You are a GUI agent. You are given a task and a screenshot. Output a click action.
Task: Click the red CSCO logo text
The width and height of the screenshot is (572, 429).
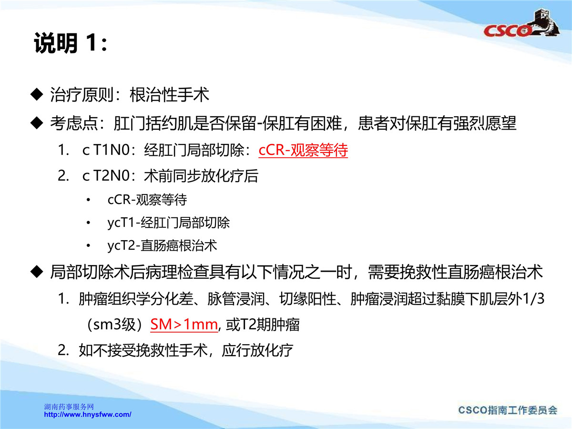pyautogui.click(x=507, y=31)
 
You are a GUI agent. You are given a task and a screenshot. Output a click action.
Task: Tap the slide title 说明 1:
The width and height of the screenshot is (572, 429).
pyautogui.click(x=71, y=43)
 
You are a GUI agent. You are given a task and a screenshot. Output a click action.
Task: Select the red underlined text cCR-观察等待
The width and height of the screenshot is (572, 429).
pyautogui.click(x=303, y=150)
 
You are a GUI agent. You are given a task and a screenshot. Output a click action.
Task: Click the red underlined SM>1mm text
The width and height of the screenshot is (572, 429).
pyautogui.click(x=184, y=325)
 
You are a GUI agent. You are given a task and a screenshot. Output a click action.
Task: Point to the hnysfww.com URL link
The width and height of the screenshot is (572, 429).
pyautogui.click(x=88, y=414)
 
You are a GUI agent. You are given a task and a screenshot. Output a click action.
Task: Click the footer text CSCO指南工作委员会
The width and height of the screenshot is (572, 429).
pyautogui.click(x=508, y=410)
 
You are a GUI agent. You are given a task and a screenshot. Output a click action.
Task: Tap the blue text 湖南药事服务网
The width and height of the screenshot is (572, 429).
pyautogui.click(x=69, y=407)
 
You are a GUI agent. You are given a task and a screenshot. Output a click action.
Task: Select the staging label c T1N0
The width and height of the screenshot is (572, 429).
pyautogui.click(x=106, y=150)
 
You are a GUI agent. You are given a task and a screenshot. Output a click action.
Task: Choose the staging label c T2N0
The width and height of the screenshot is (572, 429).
pyautogui.click(x=106, y=175)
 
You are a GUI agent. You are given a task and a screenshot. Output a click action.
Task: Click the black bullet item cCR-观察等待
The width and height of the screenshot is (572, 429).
pyautogui.click(x=147, y=200)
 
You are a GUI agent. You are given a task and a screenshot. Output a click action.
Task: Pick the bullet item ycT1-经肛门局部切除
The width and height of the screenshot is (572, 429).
pyautogui.click(x=169, y=223)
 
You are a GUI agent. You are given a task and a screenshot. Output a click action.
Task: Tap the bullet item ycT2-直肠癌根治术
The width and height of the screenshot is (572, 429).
pyautogui.click(x=162, y=245)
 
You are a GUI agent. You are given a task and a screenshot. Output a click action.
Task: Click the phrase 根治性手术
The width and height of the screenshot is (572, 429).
pyautogui.click(x=169, y=94)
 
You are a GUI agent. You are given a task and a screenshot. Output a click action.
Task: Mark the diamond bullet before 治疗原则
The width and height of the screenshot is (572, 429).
pyautogui.click(x=37, y=94)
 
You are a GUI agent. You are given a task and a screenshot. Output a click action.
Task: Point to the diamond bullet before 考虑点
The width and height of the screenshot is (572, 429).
pyautogui.click(x=37, y=123)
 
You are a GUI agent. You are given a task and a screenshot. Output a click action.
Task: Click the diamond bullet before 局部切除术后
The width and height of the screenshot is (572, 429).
pyautogui.click(x=37, y=272)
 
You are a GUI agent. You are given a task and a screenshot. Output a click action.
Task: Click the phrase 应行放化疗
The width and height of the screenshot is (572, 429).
pyautogui.click(x=257, y=350)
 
